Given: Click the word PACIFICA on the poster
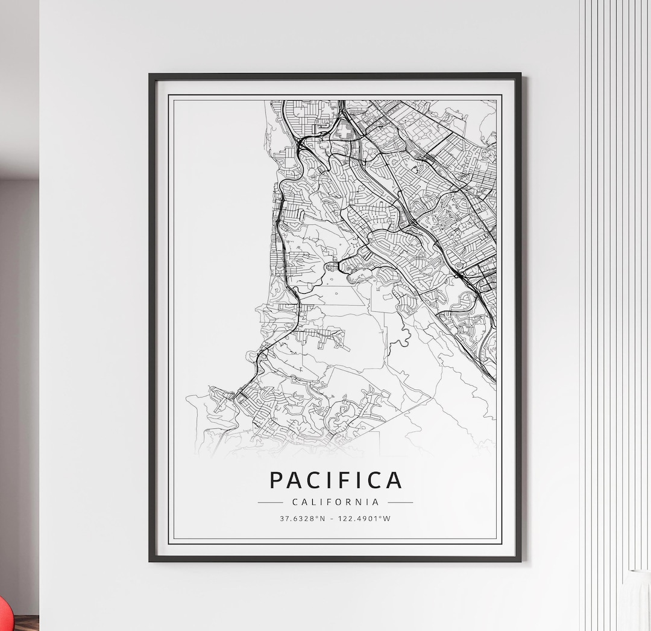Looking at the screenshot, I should point(335,480).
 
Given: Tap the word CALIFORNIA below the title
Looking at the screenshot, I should point(335,502).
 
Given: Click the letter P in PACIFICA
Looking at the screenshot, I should point(276,480).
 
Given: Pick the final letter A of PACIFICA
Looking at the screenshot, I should point(393,480).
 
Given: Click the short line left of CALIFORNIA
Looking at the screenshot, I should point(270,502).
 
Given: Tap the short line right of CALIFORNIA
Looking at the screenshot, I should point(400,502).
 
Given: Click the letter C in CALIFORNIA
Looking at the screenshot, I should point(294,502).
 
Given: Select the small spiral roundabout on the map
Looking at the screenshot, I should point(459,265).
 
